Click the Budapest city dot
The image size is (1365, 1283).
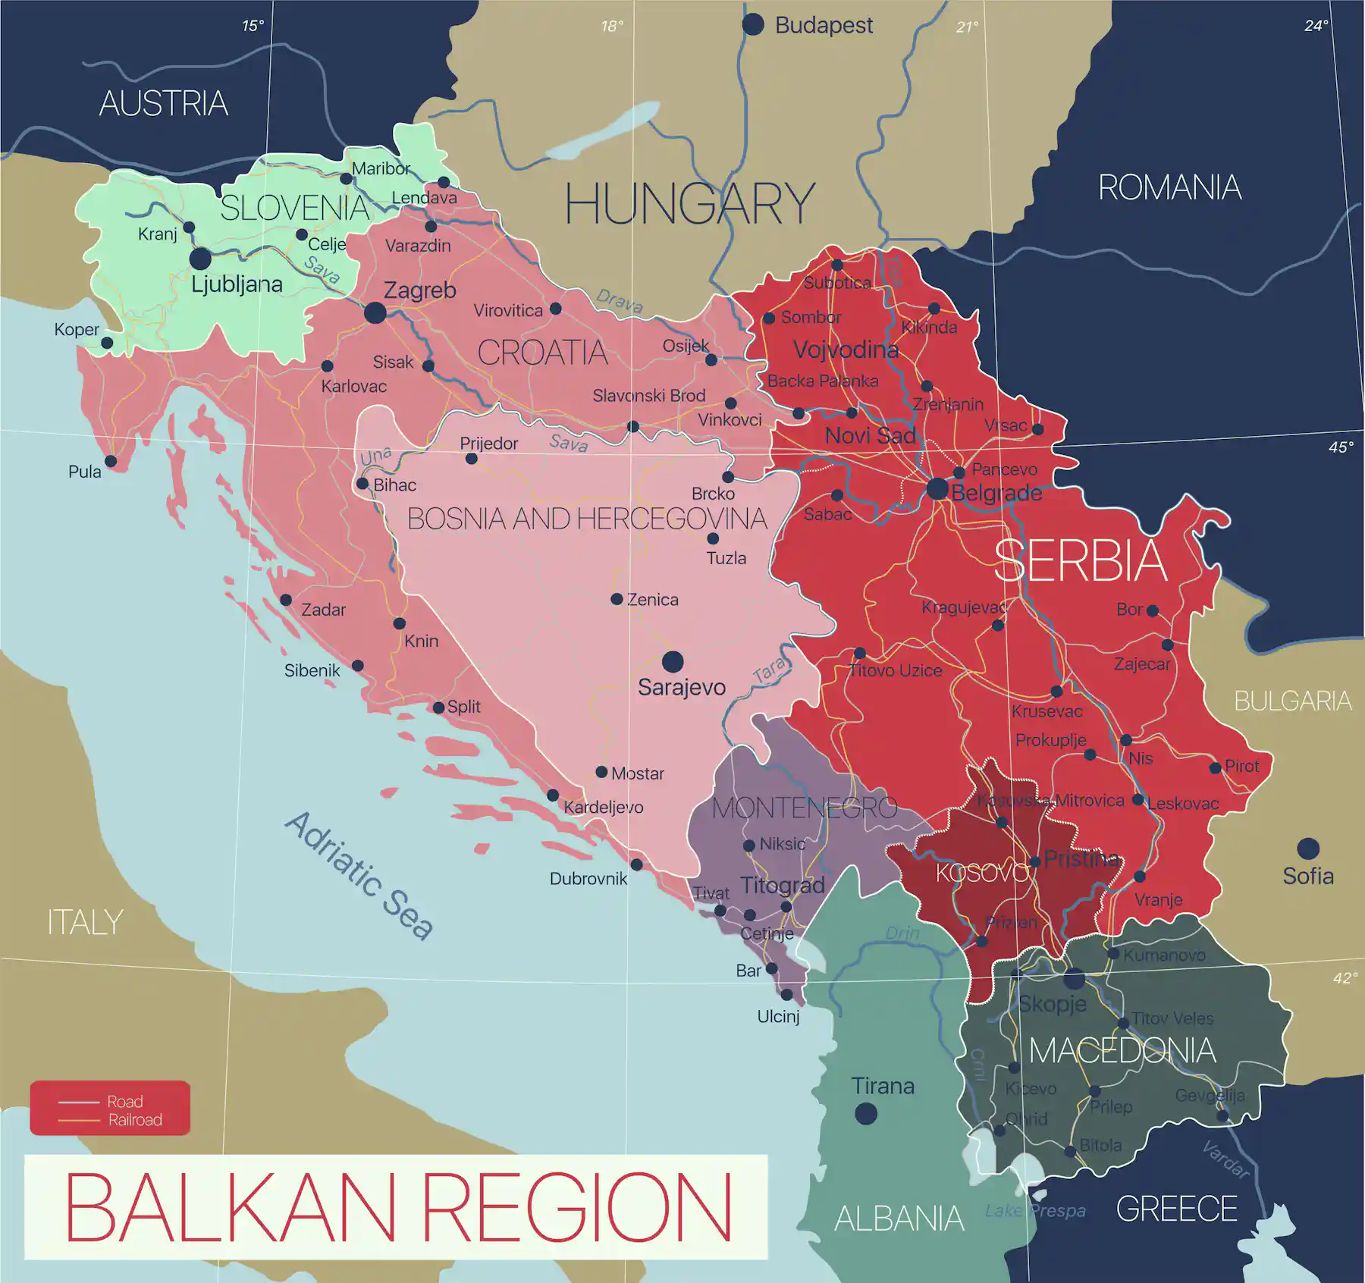752,24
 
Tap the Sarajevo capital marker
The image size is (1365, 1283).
672,662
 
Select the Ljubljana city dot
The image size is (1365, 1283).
200,259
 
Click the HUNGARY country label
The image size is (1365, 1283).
689,205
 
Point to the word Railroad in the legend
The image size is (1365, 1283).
135,1120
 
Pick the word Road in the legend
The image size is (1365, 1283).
124,1101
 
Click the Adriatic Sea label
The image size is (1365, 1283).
359,876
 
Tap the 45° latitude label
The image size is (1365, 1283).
1340,447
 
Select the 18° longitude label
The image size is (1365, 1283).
611,27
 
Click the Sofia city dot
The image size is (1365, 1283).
1308,849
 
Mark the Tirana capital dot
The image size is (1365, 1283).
865,1113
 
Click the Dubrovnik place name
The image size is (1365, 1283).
588,879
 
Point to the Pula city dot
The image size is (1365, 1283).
111,461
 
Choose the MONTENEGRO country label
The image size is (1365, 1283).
804,808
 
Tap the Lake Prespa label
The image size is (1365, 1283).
1034,1211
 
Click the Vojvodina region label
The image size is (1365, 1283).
846,350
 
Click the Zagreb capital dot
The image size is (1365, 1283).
375,312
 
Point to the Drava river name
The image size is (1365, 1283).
619,301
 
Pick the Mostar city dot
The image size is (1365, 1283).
601,772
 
